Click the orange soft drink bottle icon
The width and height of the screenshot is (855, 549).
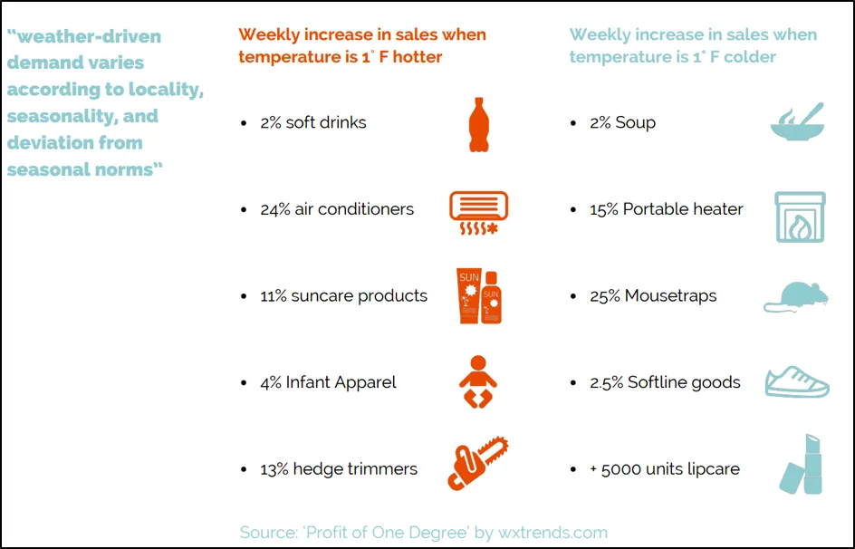(478, 124)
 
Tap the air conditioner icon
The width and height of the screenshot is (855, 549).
(478, 212)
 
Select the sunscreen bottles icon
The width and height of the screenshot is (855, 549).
(478, 295)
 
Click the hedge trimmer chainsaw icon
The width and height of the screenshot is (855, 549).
(478, 464)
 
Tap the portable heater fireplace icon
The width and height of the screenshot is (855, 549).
(800, 217)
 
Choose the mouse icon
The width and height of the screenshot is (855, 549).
(796, 296)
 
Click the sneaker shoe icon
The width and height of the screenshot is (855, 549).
(797, 382)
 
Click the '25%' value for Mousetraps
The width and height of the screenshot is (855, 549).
(604, 296)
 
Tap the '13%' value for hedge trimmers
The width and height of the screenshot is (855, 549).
(274, 469)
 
